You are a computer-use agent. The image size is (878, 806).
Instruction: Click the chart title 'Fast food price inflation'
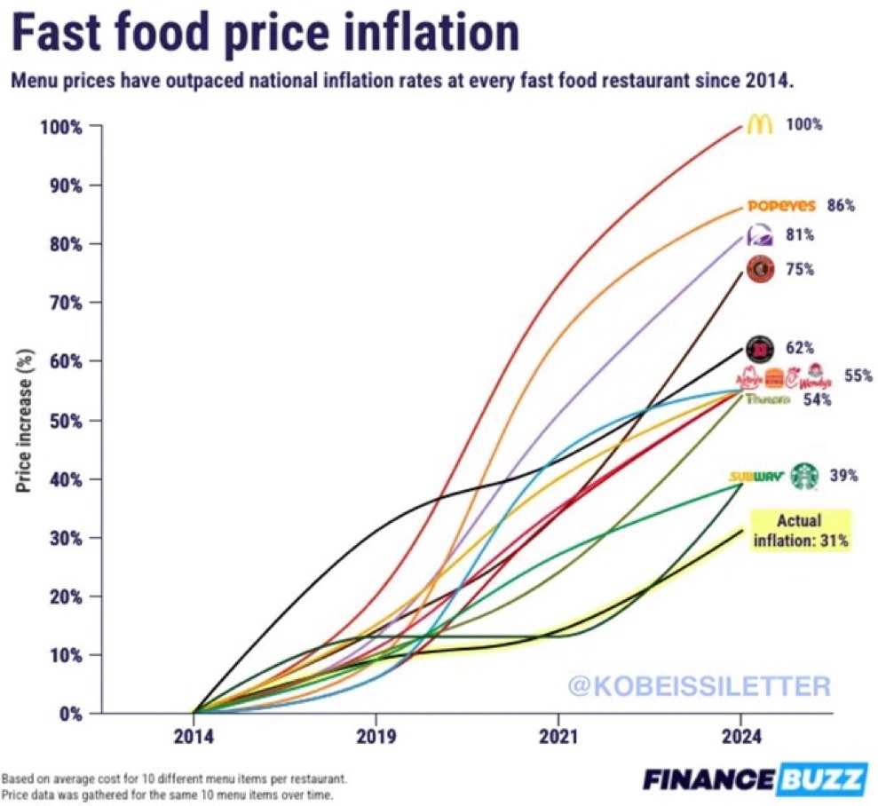coord(265,33)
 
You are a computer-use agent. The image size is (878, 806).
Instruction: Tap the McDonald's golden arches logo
coord(759,124)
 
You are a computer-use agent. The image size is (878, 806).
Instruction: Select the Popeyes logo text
coord(781,206)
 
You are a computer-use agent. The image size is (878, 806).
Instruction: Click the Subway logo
coord(756,477)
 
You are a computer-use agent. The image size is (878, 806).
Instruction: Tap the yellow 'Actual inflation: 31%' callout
coord(801,530)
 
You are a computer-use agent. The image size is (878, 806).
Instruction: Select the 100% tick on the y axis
coord(62,126)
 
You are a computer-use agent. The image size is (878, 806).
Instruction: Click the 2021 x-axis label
coord(558,736)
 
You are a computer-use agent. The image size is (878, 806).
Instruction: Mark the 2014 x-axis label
coord(194,736)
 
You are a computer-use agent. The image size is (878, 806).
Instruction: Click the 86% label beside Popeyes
coord(841,206)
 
